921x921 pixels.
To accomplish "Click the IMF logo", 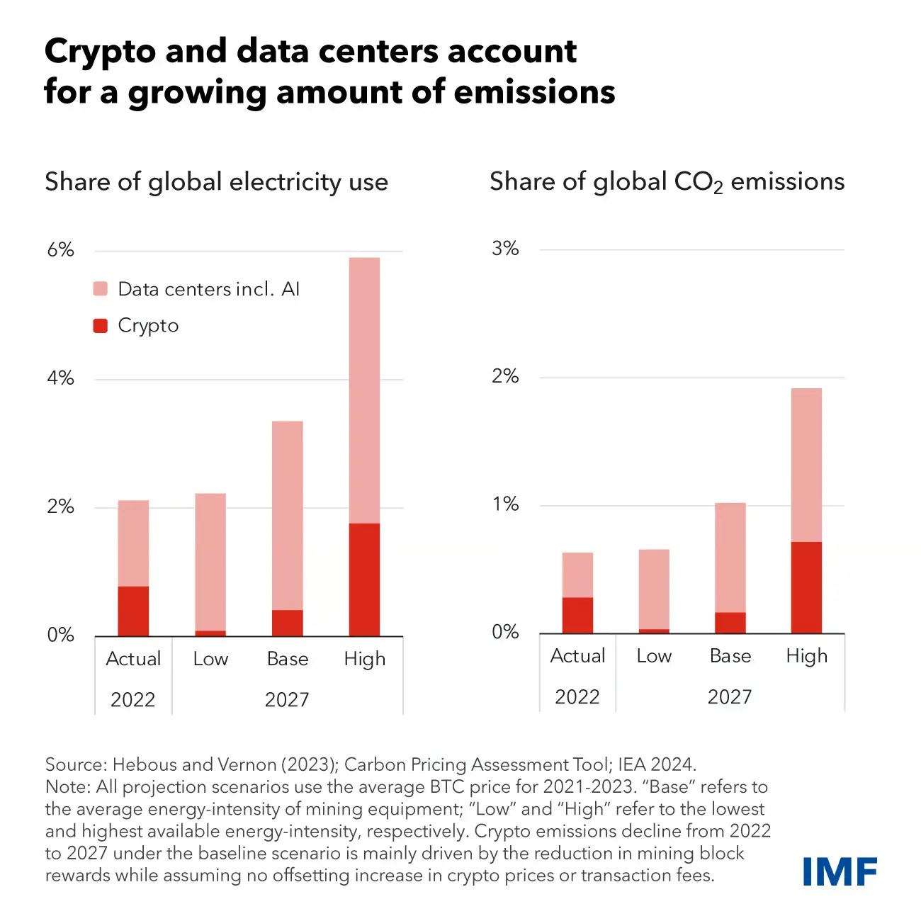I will pos(840,871).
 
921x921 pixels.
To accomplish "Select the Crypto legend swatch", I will pos(101,326).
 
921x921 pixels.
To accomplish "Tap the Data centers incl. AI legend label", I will pos(208,289).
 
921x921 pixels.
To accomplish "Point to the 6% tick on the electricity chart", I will pos(61,250).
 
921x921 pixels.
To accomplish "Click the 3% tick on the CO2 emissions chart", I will pos(505,249).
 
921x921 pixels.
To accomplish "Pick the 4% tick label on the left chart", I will pos(61,378).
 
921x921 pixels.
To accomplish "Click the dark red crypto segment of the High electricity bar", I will pos(364,579).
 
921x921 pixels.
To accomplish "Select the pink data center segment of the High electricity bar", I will pos(364,390).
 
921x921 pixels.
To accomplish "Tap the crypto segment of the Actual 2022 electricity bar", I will pos(133,611).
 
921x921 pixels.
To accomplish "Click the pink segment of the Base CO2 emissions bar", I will pos(730,558).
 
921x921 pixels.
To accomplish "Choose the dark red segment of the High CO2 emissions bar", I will pos(806,587).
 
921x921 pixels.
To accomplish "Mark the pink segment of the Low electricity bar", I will pos(210,561).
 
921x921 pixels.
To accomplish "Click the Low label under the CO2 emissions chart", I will pos(653,656).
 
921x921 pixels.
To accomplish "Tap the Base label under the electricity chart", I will pos(288,659).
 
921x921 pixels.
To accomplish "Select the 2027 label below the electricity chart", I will pos(287,700).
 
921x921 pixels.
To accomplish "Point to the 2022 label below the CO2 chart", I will pos(577,697).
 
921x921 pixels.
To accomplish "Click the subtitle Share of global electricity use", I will pos(216,182).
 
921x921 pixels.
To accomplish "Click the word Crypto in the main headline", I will pos(100,52).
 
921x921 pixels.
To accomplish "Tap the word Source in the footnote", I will pos(74,764).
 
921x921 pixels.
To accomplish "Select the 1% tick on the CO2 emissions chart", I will pos(505,504).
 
